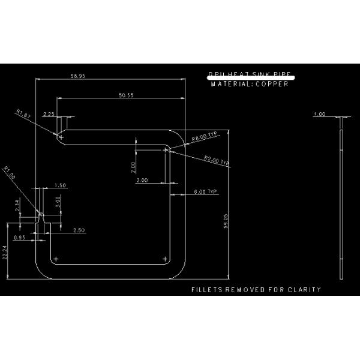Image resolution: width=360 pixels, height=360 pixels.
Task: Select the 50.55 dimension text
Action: click(126, 95)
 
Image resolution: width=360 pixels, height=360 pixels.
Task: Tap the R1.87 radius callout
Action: click(23, 113)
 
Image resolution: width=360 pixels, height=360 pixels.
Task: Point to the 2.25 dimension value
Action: click(49, 113)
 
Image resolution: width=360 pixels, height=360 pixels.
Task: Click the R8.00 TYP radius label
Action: click(204, 137)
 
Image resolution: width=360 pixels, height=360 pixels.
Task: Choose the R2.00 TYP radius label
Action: click(217, 160)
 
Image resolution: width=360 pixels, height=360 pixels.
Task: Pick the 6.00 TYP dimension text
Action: click(205, 191)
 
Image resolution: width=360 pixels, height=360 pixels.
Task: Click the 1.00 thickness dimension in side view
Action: click(320, 114)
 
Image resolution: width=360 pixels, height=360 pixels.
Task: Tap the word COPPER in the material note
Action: click(272, 85)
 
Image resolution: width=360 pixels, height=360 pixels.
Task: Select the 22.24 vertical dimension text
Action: click(5, 252)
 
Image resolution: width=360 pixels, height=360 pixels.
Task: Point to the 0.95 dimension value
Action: click(19, 238)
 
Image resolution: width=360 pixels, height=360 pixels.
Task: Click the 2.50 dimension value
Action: click(79, 230)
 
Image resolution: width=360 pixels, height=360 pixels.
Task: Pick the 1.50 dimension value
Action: click(60, 185)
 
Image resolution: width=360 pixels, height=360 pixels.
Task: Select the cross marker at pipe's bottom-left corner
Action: click(55, 259)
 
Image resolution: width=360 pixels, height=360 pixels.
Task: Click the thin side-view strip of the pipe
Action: click(341, 198)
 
